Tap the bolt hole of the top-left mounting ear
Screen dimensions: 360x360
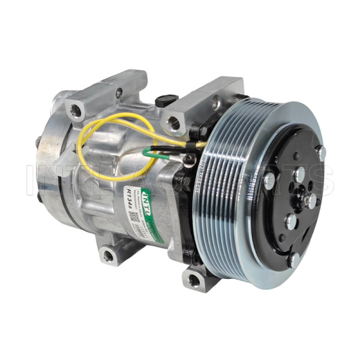[76, 110]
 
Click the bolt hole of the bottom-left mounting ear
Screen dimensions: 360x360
[108, 256]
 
